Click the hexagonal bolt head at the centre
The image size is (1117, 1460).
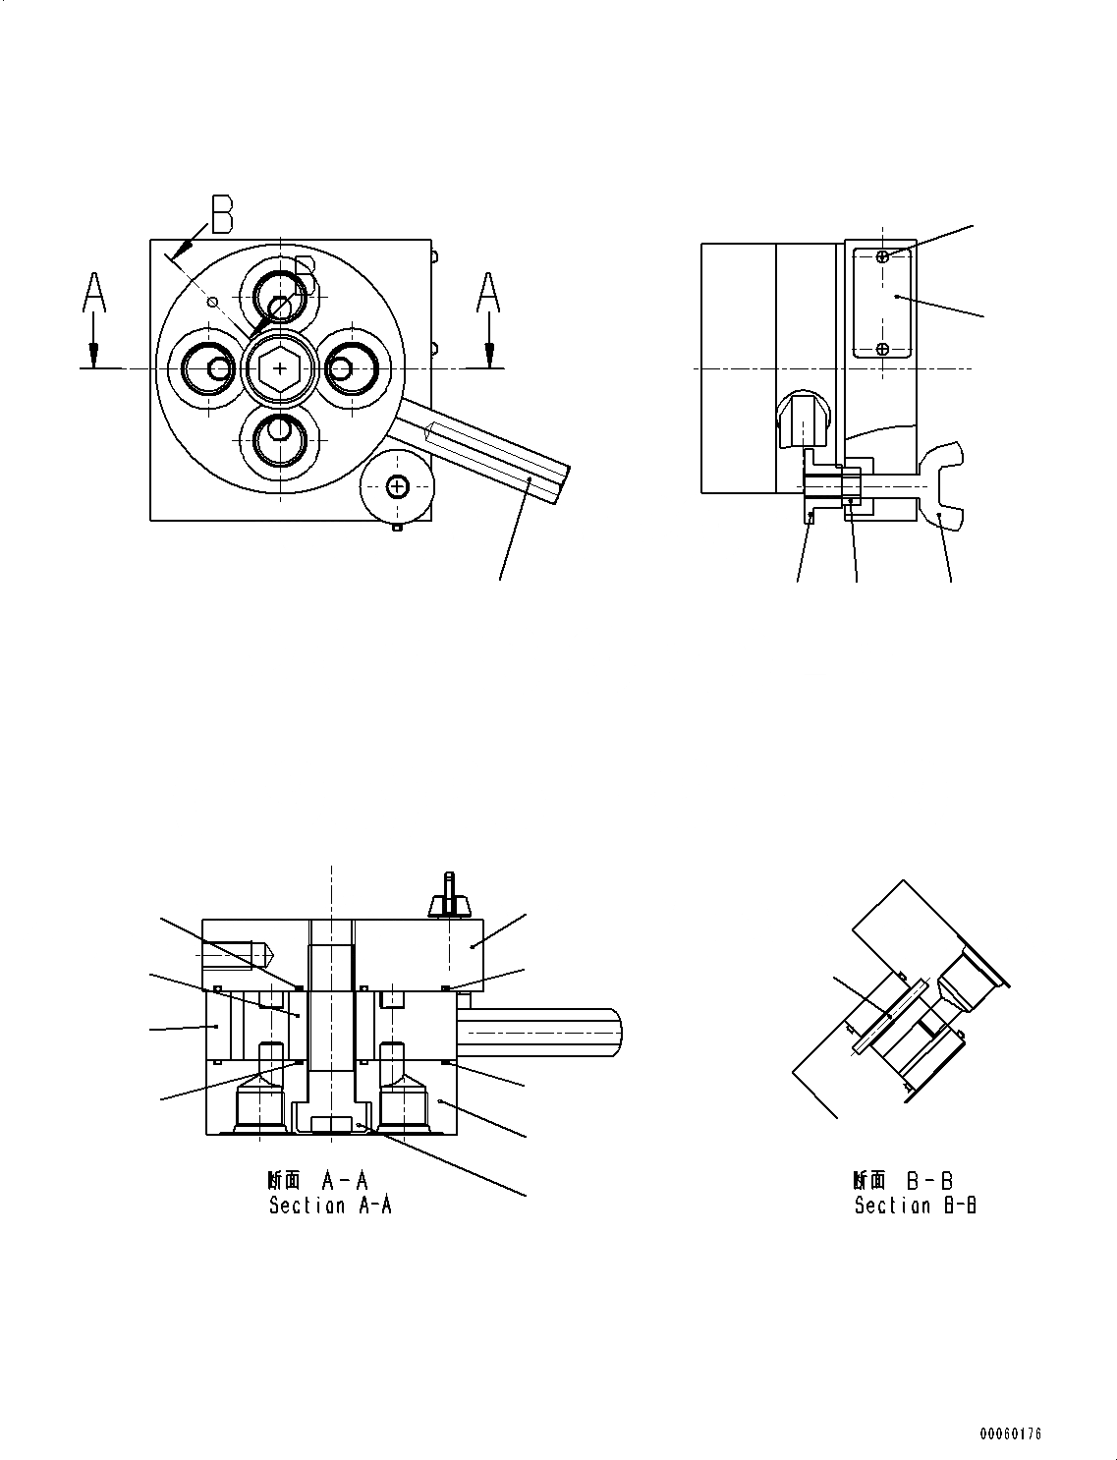tap(282, 368)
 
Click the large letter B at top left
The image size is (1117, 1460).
tap(222, 215)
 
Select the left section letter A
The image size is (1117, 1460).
tap(93, 294)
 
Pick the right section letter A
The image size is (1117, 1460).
tap(488, 294)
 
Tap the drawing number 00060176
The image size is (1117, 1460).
tap(1009, 1433)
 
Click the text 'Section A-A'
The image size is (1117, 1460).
tap(330, 1206)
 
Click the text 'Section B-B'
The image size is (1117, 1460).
tap(915, 1206)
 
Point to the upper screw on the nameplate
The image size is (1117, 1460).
tap(883, 256)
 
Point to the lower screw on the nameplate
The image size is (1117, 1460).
tap(883, 349)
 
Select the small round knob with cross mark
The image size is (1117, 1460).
tap(397, 485)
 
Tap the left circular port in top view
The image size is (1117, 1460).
tap(209, 368)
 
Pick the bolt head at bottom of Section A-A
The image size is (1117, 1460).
tap(331, 1124)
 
